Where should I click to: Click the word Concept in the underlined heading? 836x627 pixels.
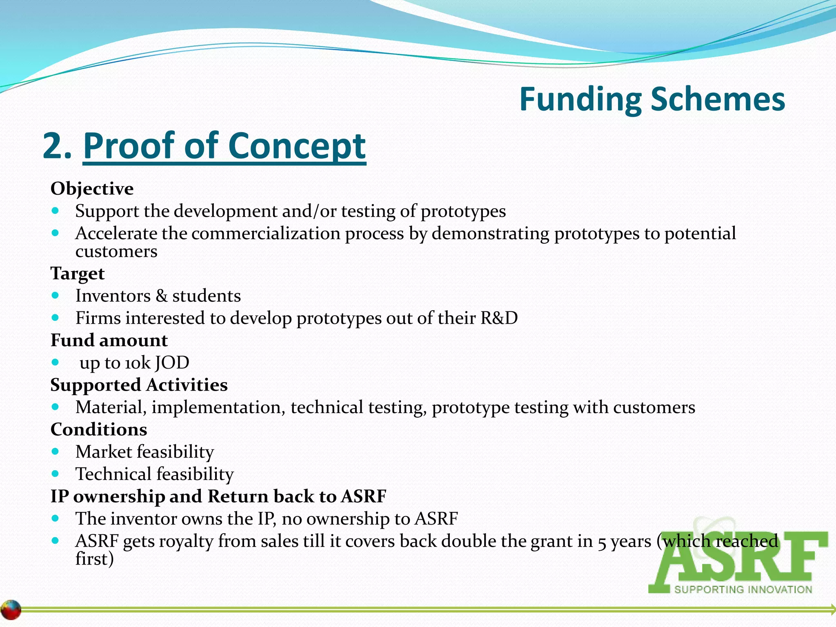(296, 146)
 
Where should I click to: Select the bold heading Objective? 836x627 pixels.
(92, 189)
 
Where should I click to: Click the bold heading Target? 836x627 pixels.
(77, 273)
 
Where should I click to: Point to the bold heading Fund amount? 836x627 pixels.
(109, 340)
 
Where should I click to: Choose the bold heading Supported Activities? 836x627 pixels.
(139, 385)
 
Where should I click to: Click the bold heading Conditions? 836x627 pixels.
(98, 429)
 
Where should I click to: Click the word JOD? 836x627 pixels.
(172, 362)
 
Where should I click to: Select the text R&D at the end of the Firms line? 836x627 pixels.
(499, 318)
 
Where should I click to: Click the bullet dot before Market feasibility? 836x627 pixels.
(56, 451)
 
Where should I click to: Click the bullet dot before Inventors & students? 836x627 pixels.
(56, 295)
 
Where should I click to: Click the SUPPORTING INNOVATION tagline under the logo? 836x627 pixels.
(743, 589)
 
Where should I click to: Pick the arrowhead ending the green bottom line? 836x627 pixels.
(832, 609)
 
